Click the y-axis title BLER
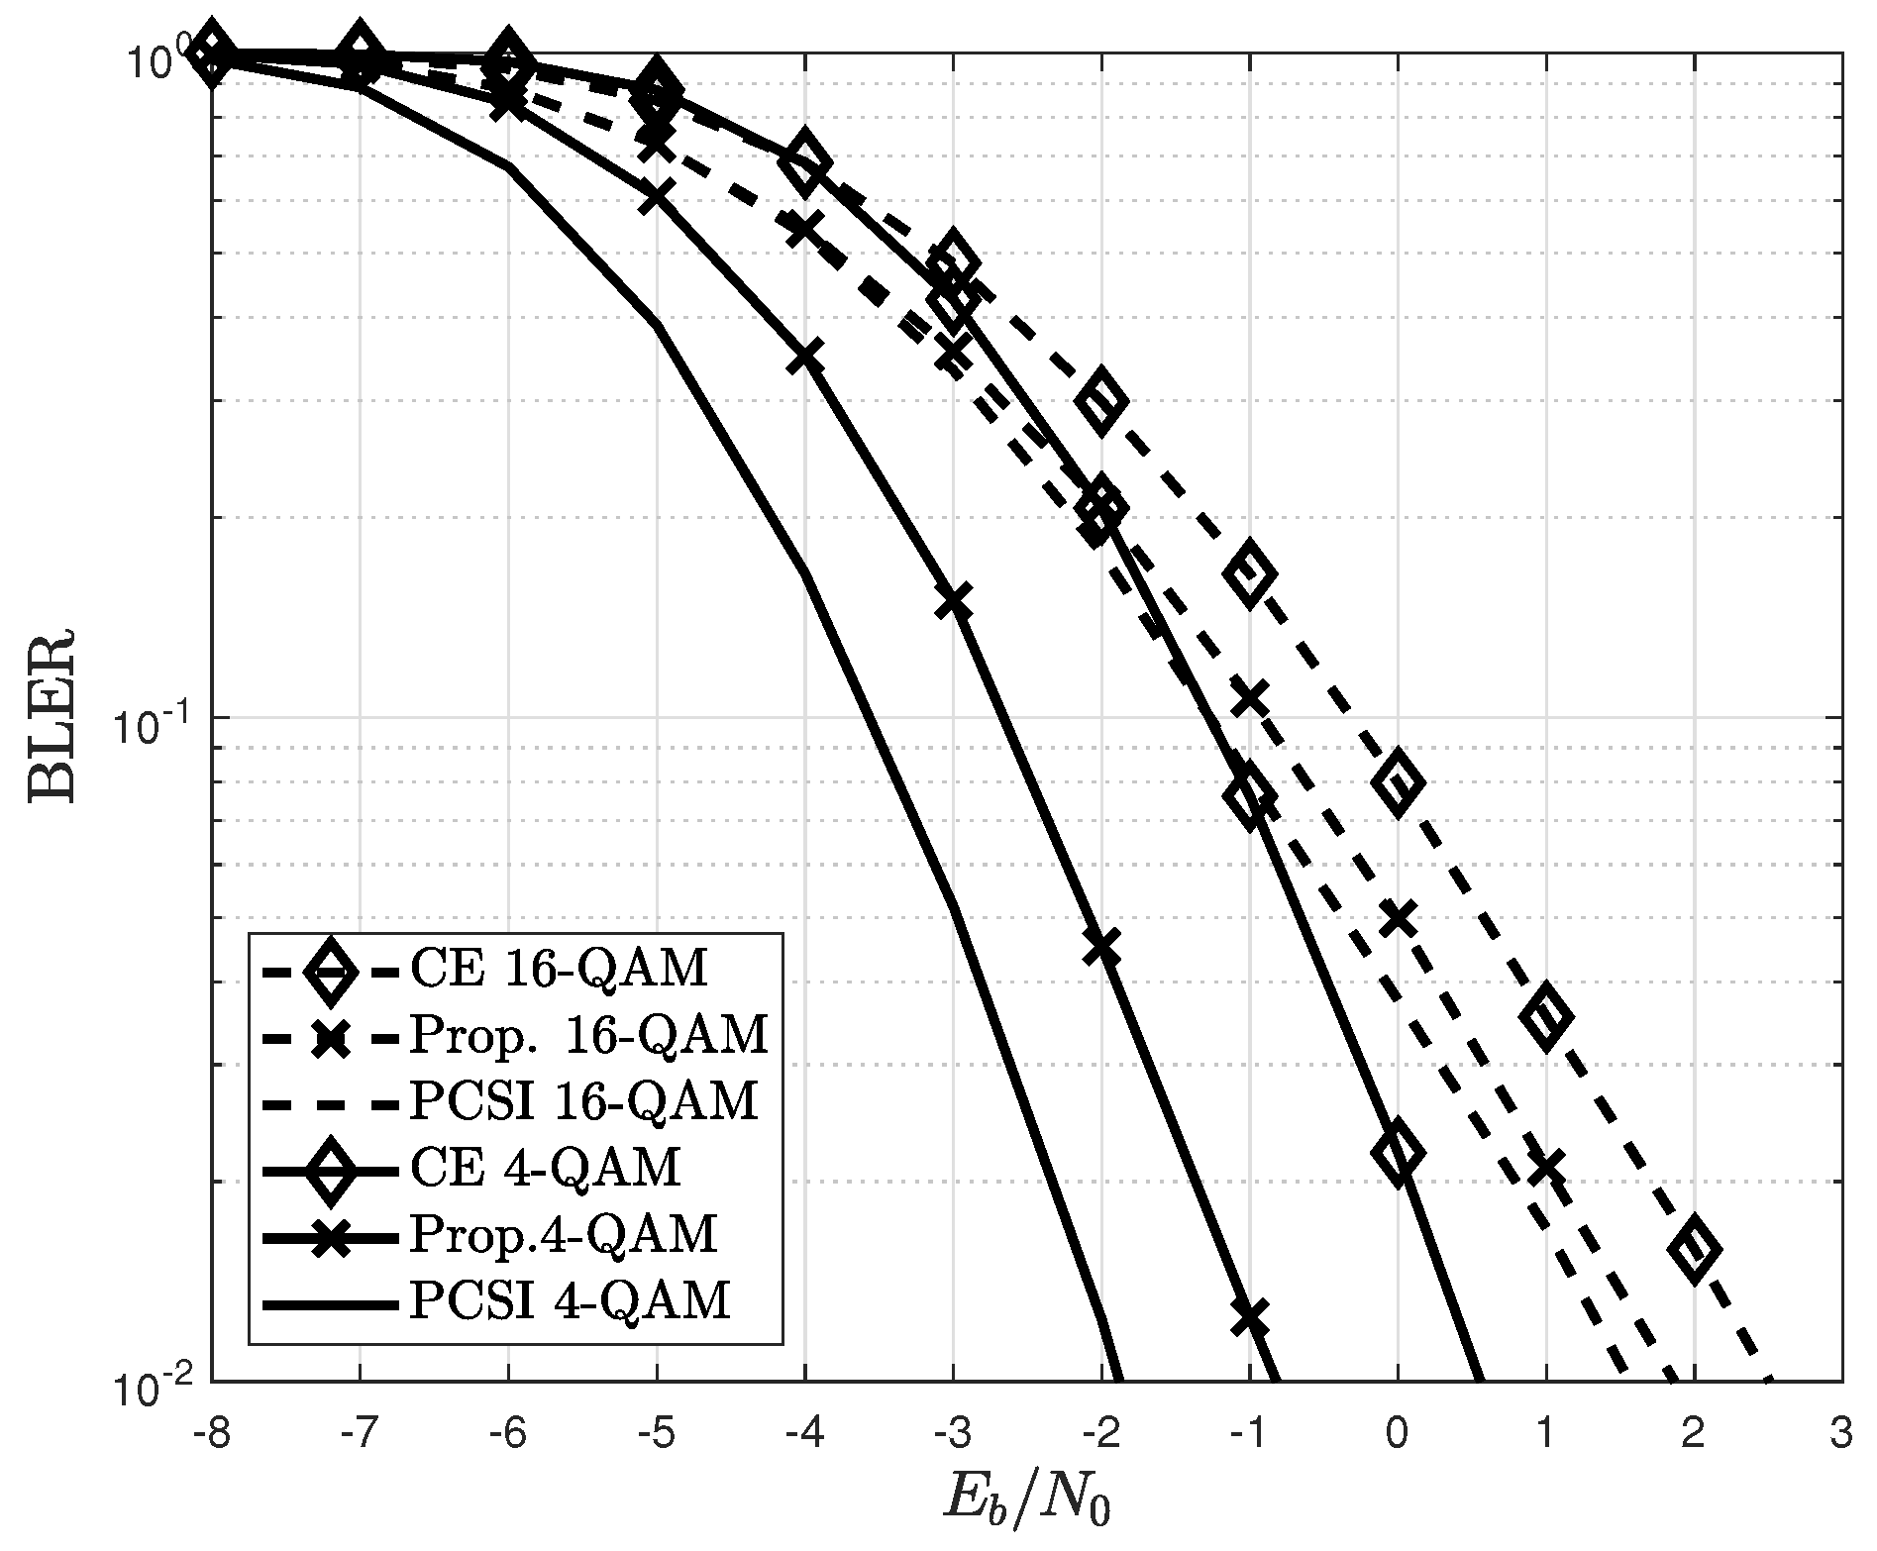click(x=53, y=714)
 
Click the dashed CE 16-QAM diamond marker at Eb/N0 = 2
click(x=1694, y=1250)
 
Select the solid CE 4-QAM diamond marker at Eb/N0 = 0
click(x=1398, y=1153)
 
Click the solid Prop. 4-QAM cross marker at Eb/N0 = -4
click(x=804, y=357)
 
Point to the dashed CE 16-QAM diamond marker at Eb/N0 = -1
click(x=1249, y=572)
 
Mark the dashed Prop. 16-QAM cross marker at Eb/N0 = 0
click(x=1398, y=919)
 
